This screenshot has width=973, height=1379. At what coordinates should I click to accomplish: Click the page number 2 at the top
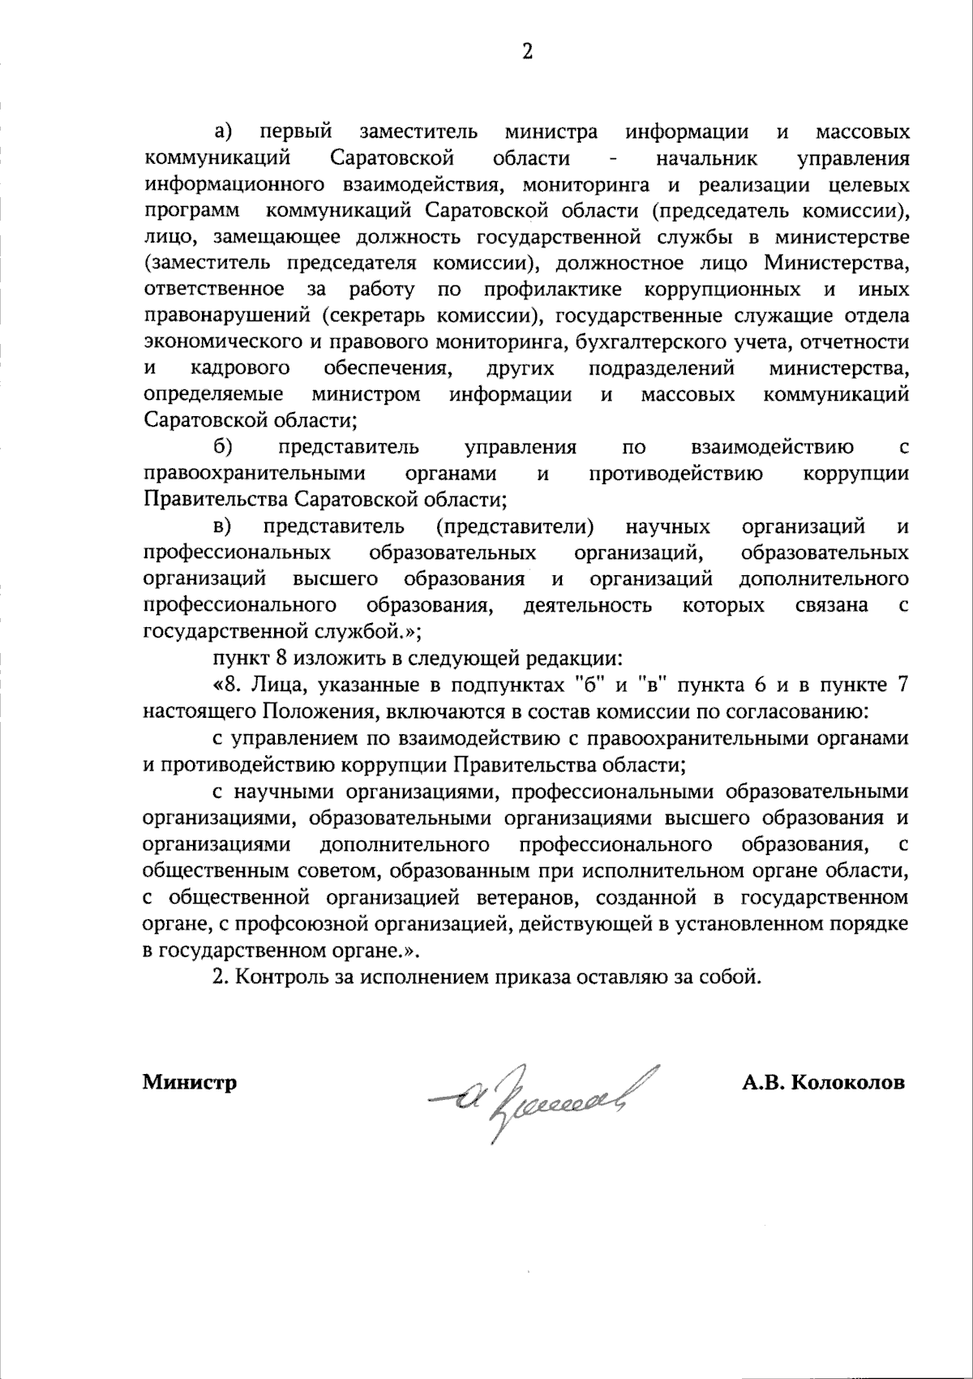click(x=527, y=53)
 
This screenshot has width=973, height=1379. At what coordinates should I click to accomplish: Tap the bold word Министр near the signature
click(x=190, y=1082)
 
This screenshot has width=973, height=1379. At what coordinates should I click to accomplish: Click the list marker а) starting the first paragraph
click(x=223, y=131)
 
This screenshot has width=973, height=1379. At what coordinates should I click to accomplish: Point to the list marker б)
click(x=223, y=447)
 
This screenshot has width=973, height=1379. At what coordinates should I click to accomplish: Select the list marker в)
click(x=223, y=526)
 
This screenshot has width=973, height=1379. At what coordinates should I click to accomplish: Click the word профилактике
click(x=553, y=290)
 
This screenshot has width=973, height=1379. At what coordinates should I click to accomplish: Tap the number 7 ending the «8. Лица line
click(x=902, y=685)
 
